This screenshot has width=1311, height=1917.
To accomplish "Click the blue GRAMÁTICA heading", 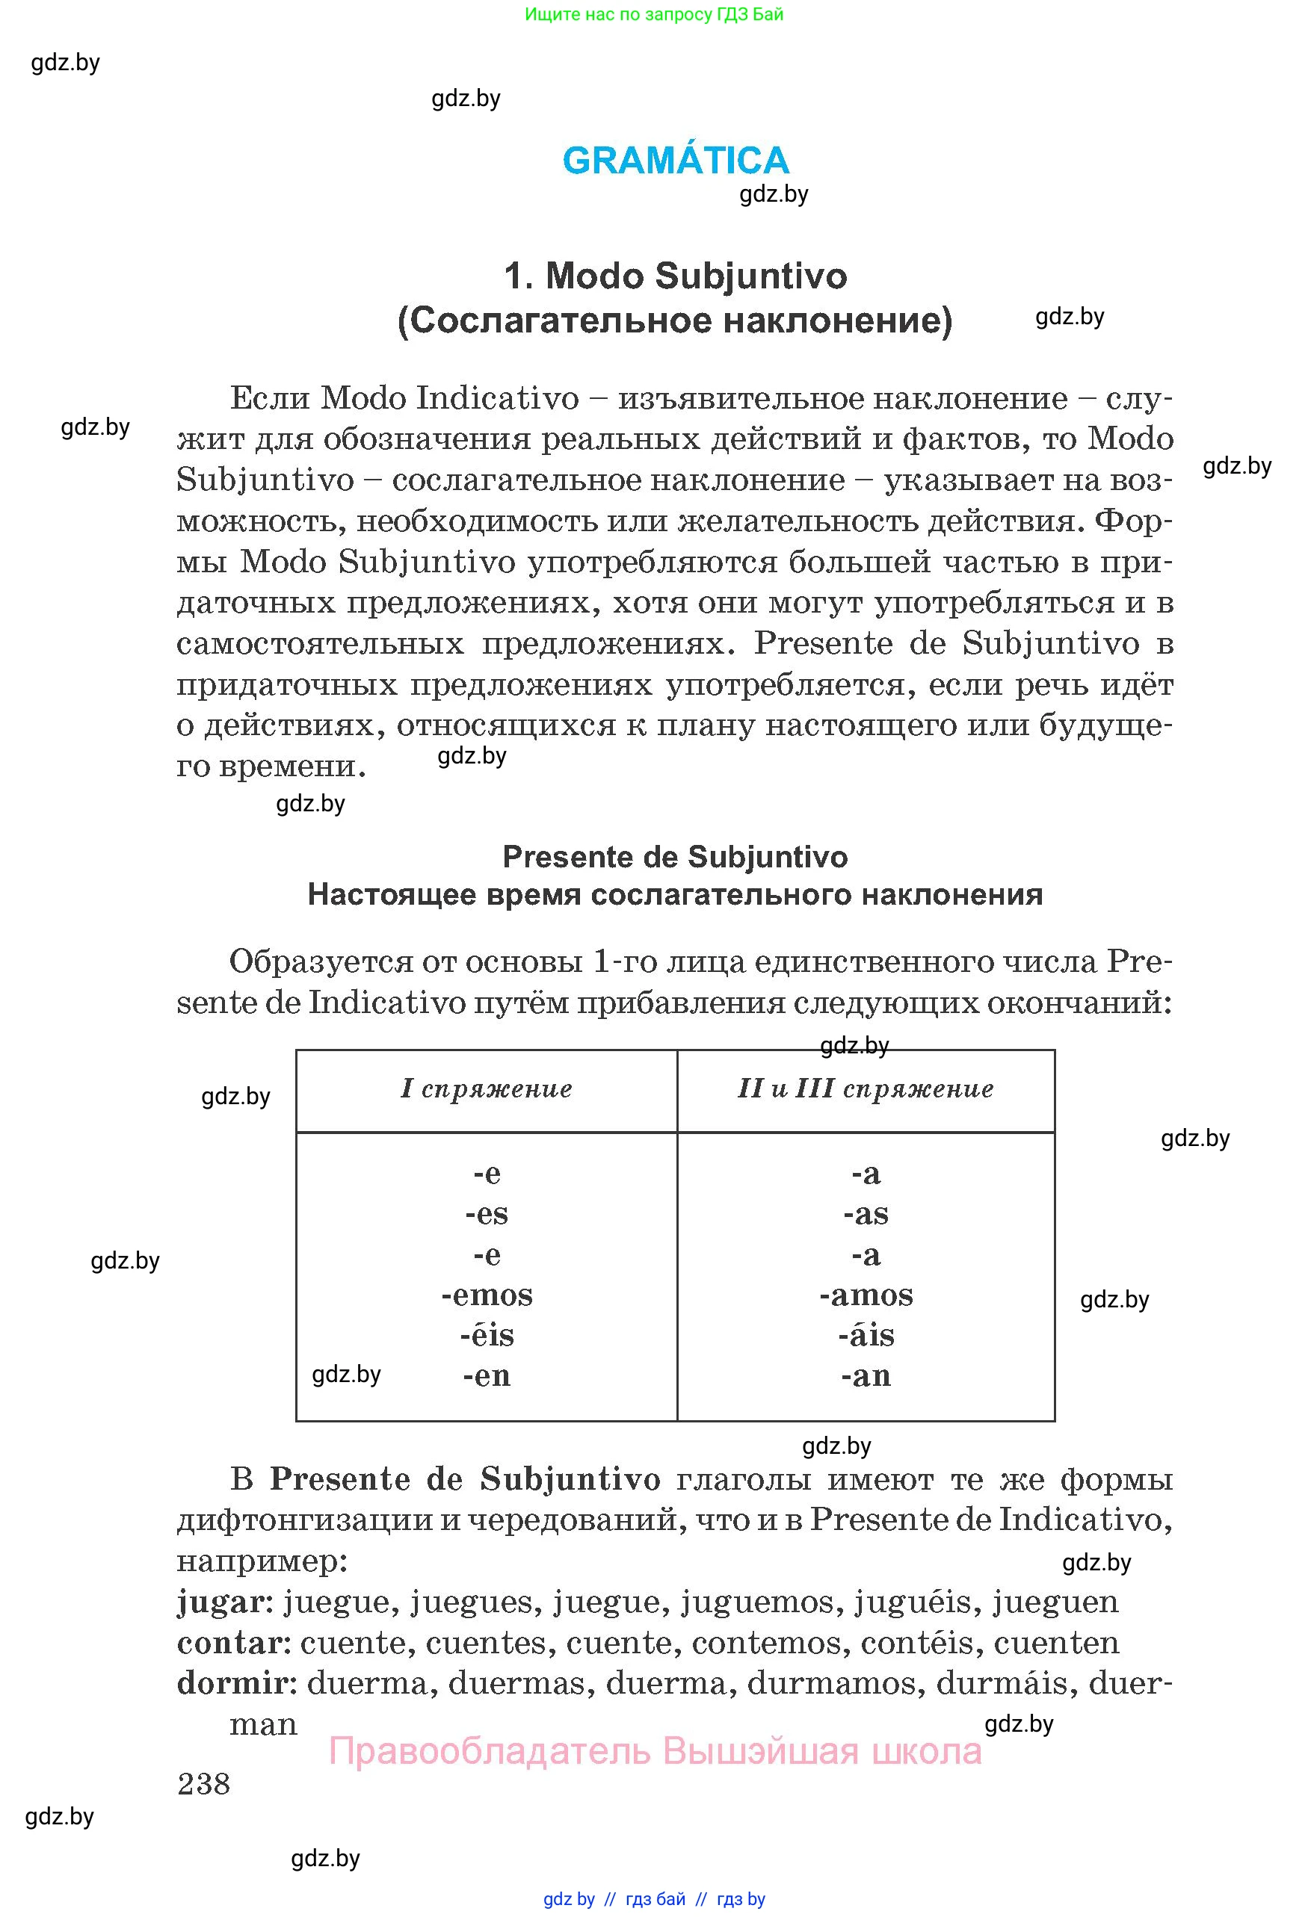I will [675, 160].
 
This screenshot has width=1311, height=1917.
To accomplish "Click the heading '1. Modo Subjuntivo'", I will [675, 276].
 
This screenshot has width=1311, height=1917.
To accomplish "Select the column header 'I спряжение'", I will [487, 1088].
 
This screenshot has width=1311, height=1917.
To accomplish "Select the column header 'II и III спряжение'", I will [866, 1088].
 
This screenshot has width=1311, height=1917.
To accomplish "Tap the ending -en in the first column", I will [487, 1375].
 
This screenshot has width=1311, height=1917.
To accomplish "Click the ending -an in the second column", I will [866, 1375].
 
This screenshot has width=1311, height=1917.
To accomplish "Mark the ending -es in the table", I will [487, 1214].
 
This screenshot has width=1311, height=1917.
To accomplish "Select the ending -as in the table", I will [866, 1214].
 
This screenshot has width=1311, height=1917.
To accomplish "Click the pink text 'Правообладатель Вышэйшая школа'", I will [655, 1750].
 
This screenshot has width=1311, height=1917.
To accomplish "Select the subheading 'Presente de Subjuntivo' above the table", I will [675, 857].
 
